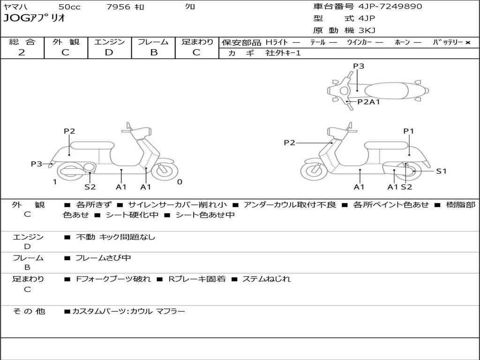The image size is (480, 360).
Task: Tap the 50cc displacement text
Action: [69, 7]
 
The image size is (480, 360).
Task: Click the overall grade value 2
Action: [22, 52]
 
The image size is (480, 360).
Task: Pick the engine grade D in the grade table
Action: [109, 52]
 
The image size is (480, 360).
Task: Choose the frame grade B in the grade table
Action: [153, 52]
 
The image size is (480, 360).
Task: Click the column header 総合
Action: [22, 42]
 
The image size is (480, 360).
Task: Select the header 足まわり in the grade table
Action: [197, 42]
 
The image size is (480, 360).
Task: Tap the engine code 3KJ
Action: [367, 30]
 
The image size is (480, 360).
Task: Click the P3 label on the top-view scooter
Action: [359, 66]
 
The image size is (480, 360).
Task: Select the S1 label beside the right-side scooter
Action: [441, 171]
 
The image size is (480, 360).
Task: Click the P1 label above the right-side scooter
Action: [409, 131]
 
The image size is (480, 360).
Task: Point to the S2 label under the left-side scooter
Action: [90, 187]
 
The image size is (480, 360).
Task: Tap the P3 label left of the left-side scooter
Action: [37, 164]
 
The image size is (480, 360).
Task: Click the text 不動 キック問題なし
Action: [115, 237]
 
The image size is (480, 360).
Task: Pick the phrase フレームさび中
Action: [103, 258]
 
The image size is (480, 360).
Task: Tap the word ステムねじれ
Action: [266, 279]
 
